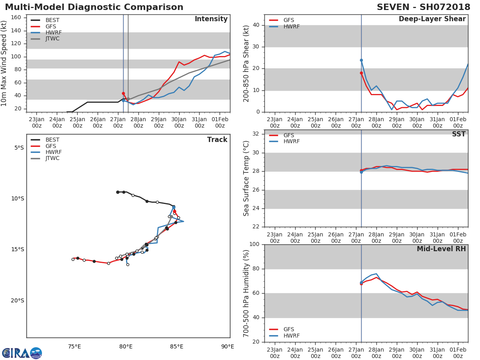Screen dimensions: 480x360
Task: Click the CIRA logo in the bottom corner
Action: pos(22,353)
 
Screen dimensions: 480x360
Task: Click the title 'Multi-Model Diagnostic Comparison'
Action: pos(94,7)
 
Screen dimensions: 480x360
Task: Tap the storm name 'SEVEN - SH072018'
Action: pos(423,7)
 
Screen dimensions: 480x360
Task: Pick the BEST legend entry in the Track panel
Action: pos(45,140)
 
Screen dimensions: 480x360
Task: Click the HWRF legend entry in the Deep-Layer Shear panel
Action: pos(284,26)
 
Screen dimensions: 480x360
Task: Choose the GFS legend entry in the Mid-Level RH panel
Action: pos(282,329)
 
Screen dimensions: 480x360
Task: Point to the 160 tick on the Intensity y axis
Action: pos(16,18)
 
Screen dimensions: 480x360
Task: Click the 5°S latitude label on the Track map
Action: pos(19,148)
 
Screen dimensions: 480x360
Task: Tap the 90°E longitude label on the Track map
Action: pos(228,346)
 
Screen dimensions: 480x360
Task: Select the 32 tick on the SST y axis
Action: pos(256,134)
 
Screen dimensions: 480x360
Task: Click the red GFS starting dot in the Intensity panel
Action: pos(123,93)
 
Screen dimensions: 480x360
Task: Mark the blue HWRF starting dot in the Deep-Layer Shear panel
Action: pos(361,60)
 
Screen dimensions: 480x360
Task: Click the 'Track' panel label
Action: pos(217,140)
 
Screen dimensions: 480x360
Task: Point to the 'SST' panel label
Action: pos(459,134)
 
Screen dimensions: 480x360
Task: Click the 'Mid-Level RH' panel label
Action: pos(441,249)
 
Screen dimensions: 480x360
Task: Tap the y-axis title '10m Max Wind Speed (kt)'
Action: pos(4,63)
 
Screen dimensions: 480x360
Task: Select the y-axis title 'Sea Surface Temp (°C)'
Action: pos(246,178)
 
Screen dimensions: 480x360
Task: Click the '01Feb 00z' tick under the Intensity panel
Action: pos(220,122)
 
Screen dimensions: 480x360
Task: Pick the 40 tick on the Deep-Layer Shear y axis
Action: pos(256,25)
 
